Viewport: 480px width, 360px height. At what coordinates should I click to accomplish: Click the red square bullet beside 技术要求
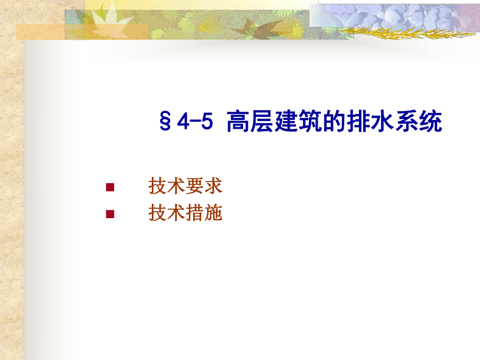110,187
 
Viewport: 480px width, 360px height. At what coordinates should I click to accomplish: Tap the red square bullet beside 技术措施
110,213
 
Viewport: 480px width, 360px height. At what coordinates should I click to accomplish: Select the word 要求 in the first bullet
204,186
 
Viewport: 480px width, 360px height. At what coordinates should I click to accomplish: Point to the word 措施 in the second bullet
204,213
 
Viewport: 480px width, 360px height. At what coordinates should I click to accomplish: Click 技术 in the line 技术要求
167,186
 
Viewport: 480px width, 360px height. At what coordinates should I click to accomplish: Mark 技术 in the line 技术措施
167,213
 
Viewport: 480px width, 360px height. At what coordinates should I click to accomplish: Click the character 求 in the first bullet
213,186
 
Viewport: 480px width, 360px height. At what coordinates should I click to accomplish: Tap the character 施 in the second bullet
213,213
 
